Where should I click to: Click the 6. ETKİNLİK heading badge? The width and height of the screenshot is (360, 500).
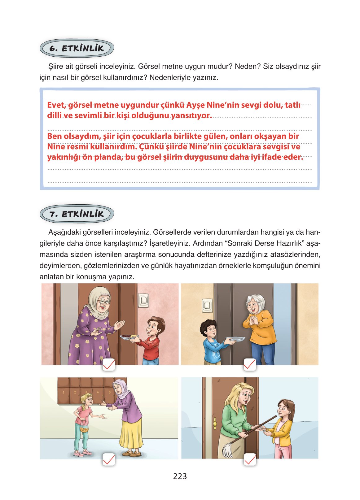point(77,48)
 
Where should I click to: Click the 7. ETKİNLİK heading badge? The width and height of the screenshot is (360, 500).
point(77,214)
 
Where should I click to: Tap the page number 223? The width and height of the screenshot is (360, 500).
point(180,476)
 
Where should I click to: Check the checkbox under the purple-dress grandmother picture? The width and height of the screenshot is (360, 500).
point(109,364)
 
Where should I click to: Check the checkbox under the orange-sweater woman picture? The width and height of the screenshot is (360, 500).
point(250,364)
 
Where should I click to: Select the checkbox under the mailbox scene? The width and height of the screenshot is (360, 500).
point(109,459)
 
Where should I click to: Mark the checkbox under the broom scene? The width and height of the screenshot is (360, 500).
point(250,459)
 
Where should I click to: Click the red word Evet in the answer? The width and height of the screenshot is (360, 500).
point(56,105)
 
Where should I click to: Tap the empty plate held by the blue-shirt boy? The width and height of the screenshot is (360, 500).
point(235,339)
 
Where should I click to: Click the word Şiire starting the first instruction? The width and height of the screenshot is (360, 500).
point(56,66)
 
